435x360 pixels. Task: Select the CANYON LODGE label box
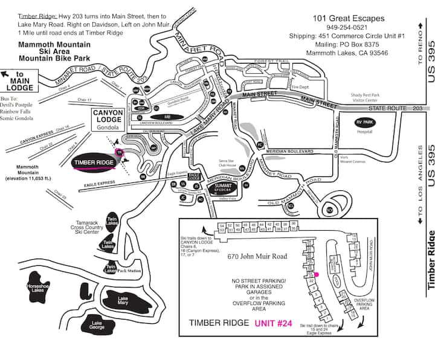108,120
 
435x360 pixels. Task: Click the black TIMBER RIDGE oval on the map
94,162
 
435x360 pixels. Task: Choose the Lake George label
97,327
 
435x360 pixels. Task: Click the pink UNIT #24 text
274,323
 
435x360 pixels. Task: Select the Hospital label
365,130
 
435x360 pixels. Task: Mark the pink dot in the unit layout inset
316,274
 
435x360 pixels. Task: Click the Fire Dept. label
300,86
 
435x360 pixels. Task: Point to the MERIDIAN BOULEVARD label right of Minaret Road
286,150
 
